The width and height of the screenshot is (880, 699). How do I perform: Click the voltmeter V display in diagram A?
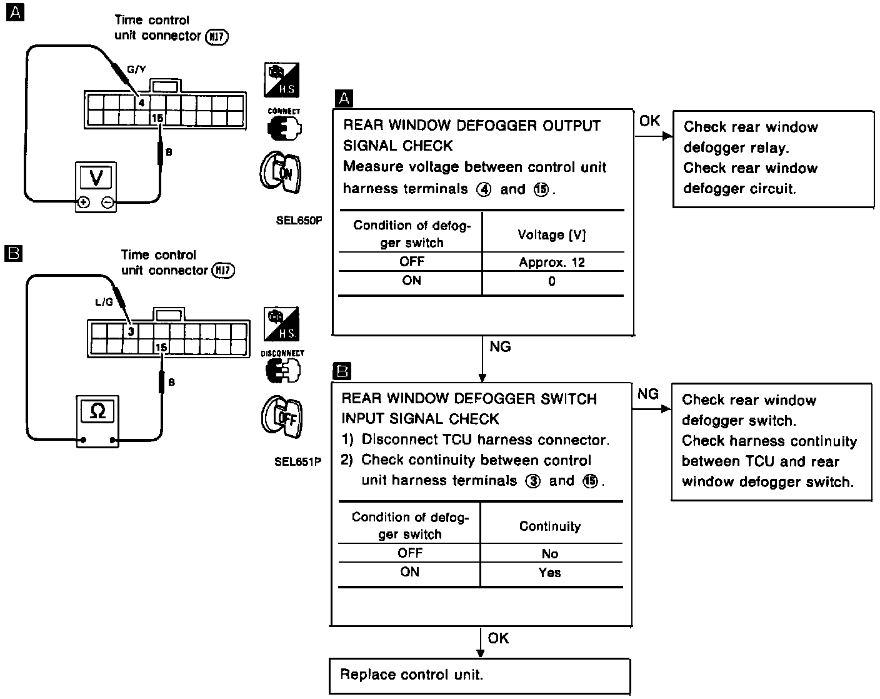(x=96, y=177)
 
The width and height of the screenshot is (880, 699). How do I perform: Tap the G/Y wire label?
(x=136, y=70)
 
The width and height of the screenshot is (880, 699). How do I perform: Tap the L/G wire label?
(x=104, y=303)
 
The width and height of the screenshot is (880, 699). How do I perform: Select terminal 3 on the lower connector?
(x=131, y=331)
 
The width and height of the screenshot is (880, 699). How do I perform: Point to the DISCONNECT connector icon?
(x=282, y=368)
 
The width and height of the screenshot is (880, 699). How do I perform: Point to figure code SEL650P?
(x=298, y=220)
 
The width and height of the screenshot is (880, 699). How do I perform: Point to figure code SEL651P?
(x=297, y=462)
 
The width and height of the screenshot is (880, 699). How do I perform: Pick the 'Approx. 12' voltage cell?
(x=552, y=263)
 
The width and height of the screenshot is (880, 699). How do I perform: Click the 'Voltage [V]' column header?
(x=552, y=234)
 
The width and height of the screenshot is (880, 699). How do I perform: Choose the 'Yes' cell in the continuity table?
(x=550, y=573)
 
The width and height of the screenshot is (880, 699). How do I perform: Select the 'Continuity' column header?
(x=550, y=526)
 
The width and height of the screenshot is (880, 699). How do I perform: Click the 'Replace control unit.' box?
(x=479, y=675)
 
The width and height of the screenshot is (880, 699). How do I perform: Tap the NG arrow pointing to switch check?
(x=651, y=409)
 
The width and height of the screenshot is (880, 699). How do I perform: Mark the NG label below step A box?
(x=500, y=346)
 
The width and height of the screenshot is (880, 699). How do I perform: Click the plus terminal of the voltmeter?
(x=82, y=203)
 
